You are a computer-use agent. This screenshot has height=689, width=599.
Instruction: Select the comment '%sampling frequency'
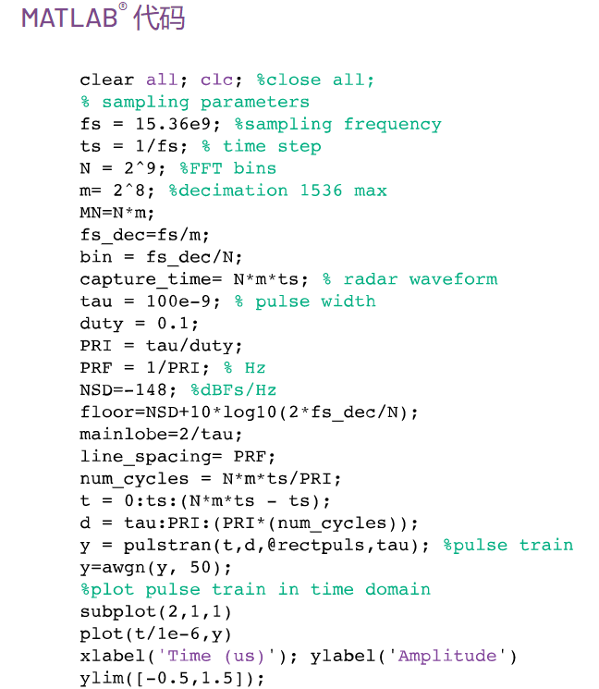(x=337, y=124)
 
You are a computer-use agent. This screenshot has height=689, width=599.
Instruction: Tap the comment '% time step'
(x=261, y=146)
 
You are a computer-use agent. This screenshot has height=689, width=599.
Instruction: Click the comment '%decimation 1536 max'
(x=277, y=191)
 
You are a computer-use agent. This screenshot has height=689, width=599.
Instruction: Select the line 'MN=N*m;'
(x=117, y=213)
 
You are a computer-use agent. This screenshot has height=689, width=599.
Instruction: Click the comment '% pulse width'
(x=304, y=301)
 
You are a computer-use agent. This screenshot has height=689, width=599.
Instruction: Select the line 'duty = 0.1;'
(x=139, y=324)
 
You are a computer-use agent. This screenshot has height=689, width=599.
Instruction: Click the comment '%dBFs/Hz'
(x=233, y=390)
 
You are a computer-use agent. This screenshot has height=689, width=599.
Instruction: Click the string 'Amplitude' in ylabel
(x=447, y=656)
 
